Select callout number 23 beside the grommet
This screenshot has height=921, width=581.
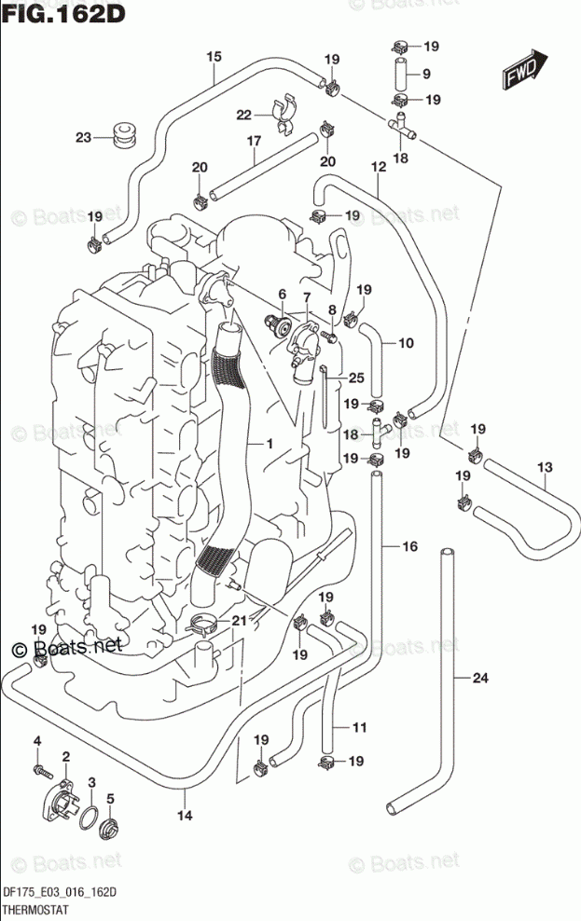tap(84, 138)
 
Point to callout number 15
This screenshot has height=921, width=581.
tap(214, 57)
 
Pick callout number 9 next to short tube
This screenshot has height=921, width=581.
tap(425, 74)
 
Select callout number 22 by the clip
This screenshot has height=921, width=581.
tap(244, 115)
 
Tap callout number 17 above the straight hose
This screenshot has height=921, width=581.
tap(253, 141)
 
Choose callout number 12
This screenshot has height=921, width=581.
tap(378, 167)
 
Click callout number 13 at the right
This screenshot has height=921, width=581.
tap(545, 466)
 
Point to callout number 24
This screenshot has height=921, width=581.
tap(479, 678)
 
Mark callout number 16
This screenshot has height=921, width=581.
tap(409, 546)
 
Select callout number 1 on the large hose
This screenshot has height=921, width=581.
tap(269, 445)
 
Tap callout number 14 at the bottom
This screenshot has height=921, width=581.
tap(185, 816)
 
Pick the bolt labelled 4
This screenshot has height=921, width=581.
tap(39, 770)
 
